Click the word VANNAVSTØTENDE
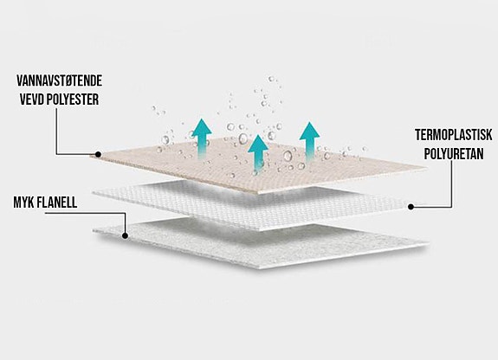[x=60, y=80]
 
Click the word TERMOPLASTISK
[x=454, y=135]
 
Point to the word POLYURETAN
[x=454, y=154]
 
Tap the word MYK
[x=23, y=202]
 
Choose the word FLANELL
[x=57, y=202]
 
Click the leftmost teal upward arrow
[x=201, y=138]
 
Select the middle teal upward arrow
[x=258, y=153]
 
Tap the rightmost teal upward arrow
[x=309, y=140]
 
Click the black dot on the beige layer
[x=98, y=155]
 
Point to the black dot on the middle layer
[x=411, y=207]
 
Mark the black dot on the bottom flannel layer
[x=125, y=236]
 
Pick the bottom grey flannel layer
[x=261, y=244]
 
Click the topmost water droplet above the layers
[x=271, y=79]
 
